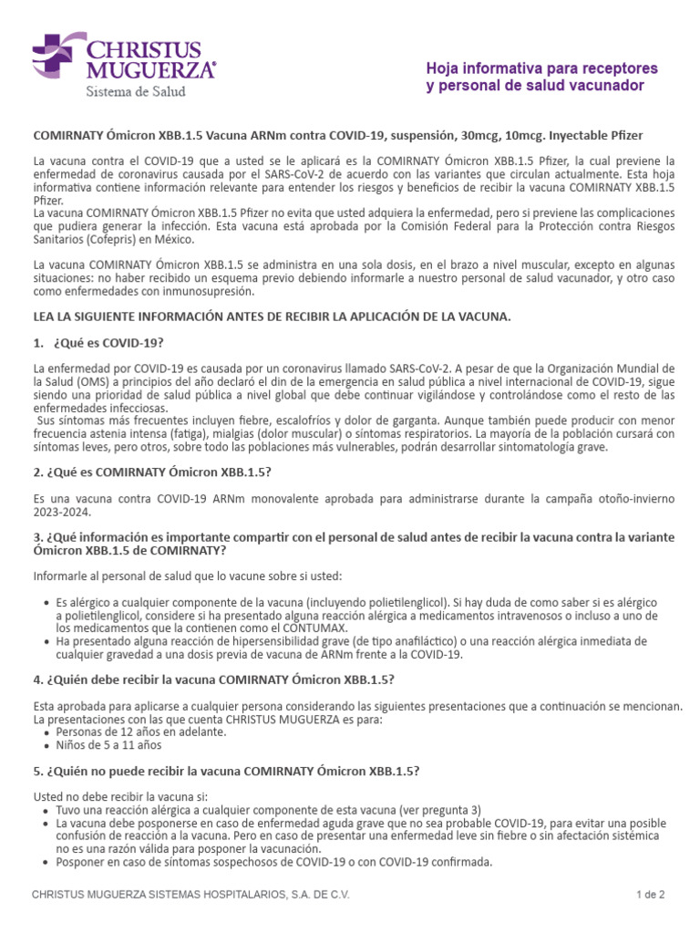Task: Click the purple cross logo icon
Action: [x=55, y=56]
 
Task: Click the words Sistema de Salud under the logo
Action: [x=136, y=92]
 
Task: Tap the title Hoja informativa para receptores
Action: [x=541, y=68]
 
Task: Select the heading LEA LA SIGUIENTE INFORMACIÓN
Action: [x=273, y=316]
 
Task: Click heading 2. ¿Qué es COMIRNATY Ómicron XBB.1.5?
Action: [x=152, y=471]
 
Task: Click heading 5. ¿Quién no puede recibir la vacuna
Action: [x=226, y=770]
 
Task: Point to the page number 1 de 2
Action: [x=650, y=895]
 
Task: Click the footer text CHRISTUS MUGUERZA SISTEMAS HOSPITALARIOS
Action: [x=190, y=895]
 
